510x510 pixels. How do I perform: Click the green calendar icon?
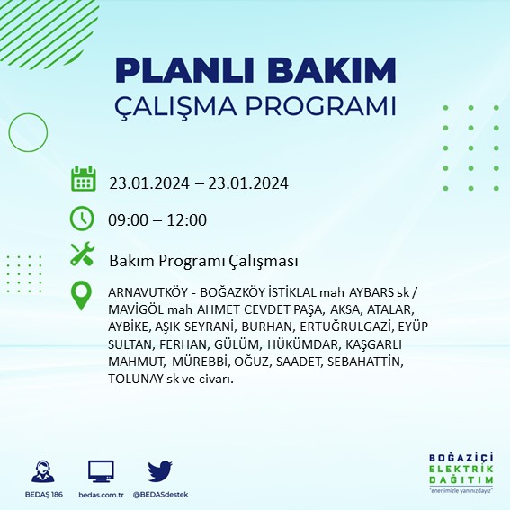coord(83,179)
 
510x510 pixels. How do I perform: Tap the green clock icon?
coord(82,219)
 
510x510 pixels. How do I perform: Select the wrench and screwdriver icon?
coord(82,255)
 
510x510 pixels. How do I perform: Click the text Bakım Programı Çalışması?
coord(203,261)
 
